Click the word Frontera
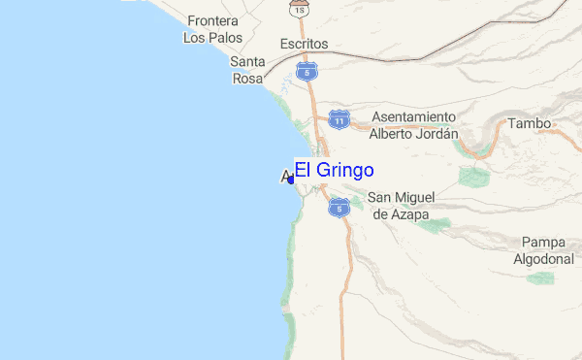(214, 20)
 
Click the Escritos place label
(304, 44)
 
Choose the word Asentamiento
(413, 117)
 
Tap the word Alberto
(391, 135)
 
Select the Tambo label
(530, 124)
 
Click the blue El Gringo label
(334, 171)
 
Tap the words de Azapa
(400, 214)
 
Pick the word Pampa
(542, 242)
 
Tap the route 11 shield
(339, 117)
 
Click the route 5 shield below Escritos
(307, 71)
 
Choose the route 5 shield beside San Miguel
(338, 206)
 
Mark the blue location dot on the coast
(291, 180)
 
